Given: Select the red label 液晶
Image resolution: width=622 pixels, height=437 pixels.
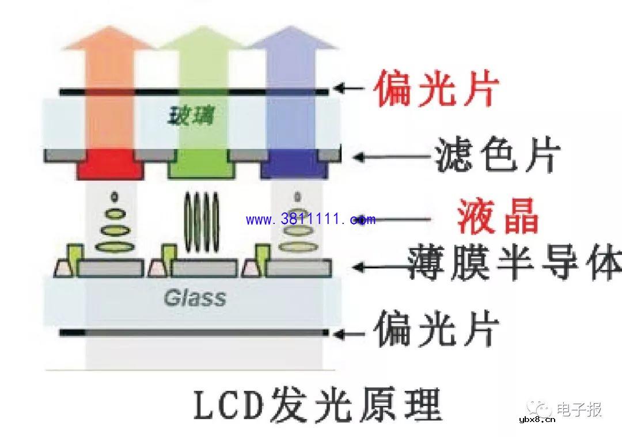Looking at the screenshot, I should [498, 217].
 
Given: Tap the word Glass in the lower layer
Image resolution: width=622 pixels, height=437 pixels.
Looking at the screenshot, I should [195, 298].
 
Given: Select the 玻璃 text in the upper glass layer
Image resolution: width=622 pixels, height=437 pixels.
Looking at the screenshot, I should [190, 117].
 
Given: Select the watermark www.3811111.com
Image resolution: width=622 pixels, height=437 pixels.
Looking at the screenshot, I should [310, 219].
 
